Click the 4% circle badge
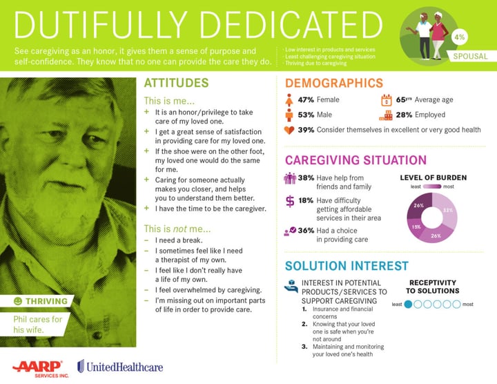click(460, 35)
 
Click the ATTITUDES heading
click(176, 84)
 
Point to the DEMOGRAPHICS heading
click(334, 84)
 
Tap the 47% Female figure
click(306, 100)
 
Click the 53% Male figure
click(306, 115)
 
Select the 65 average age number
click(402, 100)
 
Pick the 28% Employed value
click(404, 115)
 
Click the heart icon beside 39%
click(289, 130)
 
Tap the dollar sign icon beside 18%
click(290, 201)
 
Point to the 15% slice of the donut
click(416, 227)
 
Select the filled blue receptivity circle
click(409, 304)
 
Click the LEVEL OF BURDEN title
click(433, 177)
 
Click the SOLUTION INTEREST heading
click(347, 266)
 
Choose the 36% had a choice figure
click(306, 231)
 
